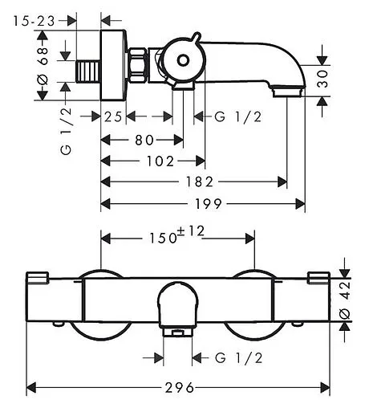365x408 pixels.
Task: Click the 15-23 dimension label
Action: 34,21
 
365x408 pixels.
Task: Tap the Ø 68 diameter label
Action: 43,66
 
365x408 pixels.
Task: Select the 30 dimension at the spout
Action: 322,79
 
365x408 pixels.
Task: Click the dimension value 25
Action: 113,117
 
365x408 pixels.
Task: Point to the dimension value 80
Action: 144,140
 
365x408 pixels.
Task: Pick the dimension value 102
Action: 160,161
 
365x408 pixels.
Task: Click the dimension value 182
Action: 200,182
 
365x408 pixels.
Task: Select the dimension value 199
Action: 209,204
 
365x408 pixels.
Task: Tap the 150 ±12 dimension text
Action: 176,235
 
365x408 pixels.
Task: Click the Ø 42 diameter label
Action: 346,300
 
